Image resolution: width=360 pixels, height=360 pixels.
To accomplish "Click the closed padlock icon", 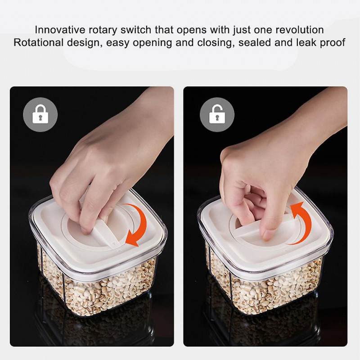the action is coord(40,114).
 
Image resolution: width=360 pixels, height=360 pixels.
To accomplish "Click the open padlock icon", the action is coord(217,114).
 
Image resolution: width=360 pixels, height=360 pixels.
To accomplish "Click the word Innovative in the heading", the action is coord(60,30).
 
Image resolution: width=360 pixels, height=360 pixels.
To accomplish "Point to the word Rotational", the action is coord(38,43).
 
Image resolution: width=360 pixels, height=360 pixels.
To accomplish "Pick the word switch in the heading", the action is coord(135,30).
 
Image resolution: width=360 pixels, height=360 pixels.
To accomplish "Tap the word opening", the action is coord(153,43).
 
